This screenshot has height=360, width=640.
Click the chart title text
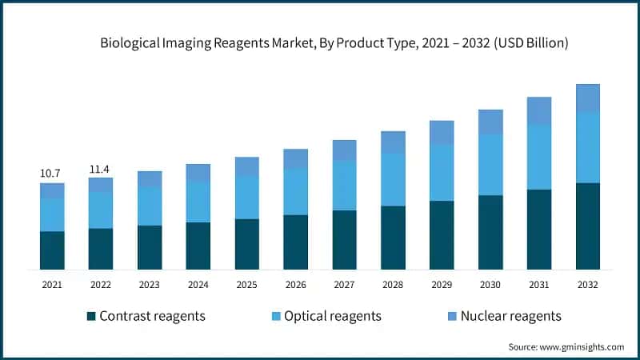coord(334,44)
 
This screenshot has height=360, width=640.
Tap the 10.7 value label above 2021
coord(52,173)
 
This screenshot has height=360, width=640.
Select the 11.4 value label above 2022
coord(101,168)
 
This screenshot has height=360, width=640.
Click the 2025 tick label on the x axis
coord(246,284)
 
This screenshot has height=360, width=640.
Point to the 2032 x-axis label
coord(587,284)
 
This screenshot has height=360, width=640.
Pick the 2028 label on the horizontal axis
coord(392,284)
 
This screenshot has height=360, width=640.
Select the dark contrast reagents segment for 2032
coord(588,226)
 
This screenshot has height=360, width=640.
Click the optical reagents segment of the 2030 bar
coord(490,164)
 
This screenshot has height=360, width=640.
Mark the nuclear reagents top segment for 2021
coord(52,190)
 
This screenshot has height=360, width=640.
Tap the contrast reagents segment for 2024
coord(198,245)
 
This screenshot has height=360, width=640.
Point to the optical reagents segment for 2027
coord(344,185)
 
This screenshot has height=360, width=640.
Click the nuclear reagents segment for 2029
coord(442,133)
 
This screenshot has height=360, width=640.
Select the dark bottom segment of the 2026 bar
coord(295,242)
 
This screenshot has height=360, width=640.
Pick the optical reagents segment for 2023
coord(150,206)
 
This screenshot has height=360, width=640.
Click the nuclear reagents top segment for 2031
coord(539,110)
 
